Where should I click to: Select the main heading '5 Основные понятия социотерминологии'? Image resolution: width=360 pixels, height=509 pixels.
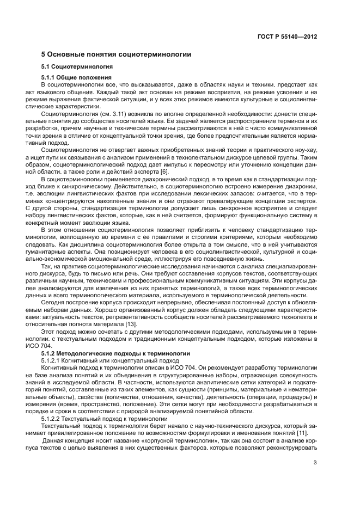pos(116,55)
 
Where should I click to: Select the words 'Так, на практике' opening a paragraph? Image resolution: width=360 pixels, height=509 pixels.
pos(65,267)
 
